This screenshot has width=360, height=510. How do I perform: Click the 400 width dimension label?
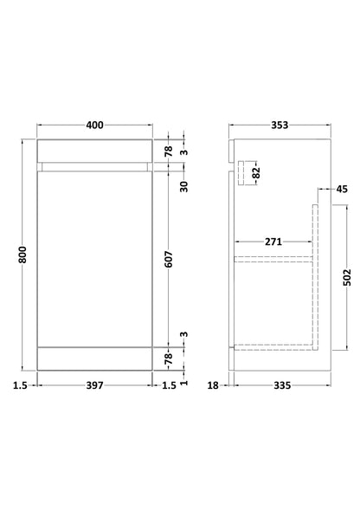pos(94,125)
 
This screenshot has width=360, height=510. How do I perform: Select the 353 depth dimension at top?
pos(280,125)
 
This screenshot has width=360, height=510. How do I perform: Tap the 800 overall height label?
pos(22,255)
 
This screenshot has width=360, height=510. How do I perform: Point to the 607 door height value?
pos(169,259)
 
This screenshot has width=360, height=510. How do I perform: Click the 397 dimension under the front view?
pos(94,385)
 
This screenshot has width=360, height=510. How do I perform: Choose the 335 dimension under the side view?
pos(282,385)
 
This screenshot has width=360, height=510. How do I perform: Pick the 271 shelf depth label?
pos(273,242)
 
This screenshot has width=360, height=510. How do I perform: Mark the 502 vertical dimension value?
pos(347,277)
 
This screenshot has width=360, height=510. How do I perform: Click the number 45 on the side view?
pos(342,189)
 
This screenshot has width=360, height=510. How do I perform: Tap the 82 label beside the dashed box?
pos(256,172)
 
